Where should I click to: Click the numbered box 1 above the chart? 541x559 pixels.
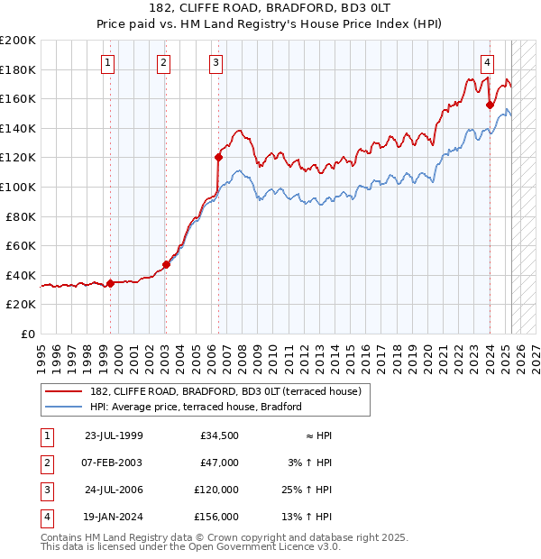pos(108,62)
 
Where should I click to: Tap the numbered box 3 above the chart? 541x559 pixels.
pos(217,62)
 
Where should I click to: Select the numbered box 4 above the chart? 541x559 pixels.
pos(487,62)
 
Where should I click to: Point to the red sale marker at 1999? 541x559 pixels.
pos(110,283)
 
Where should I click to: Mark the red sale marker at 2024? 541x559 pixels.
pos(490,105)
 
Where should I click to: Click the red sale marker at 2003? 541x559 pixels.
pos(166,265)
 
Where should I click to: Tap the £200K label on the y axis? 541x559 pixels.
pos(17,41)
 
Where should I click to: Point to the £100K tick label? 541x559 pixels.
pos(17,187)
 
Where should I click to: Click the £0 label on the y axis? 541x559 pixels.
pos(26,334)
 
